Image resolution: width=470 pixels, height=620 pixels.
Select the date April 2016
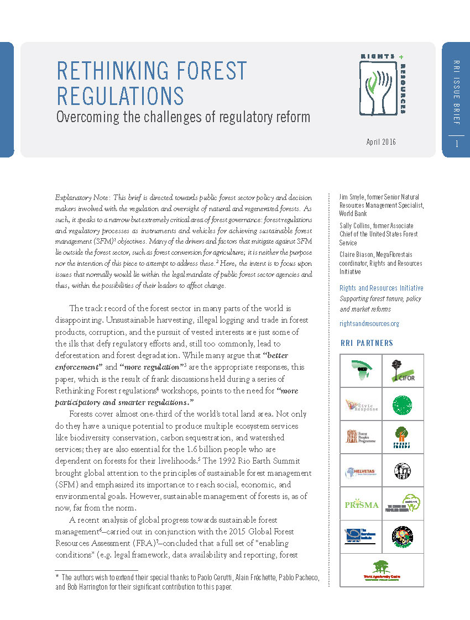[381, 142]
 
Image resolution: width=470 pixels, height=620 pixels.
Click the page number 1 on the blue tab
[457, 144]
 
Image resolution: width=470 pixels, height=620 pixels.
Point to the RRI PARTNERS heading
[367, 343]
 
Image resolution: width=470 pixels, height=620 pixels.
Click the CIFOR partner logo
[403, 370]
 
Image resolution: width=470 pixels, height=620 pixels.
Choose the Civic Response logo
[361, 404]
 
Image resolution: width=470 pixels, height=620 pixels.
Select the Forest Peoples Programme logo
[361, 437]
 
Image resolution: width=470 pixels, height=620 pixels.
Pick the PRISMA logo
[361, 504]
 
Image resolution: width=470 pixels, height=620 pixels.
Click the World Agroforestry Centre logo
[382, 572]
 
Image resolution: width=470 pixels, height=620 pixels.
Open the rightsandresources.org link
[369, 324]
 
